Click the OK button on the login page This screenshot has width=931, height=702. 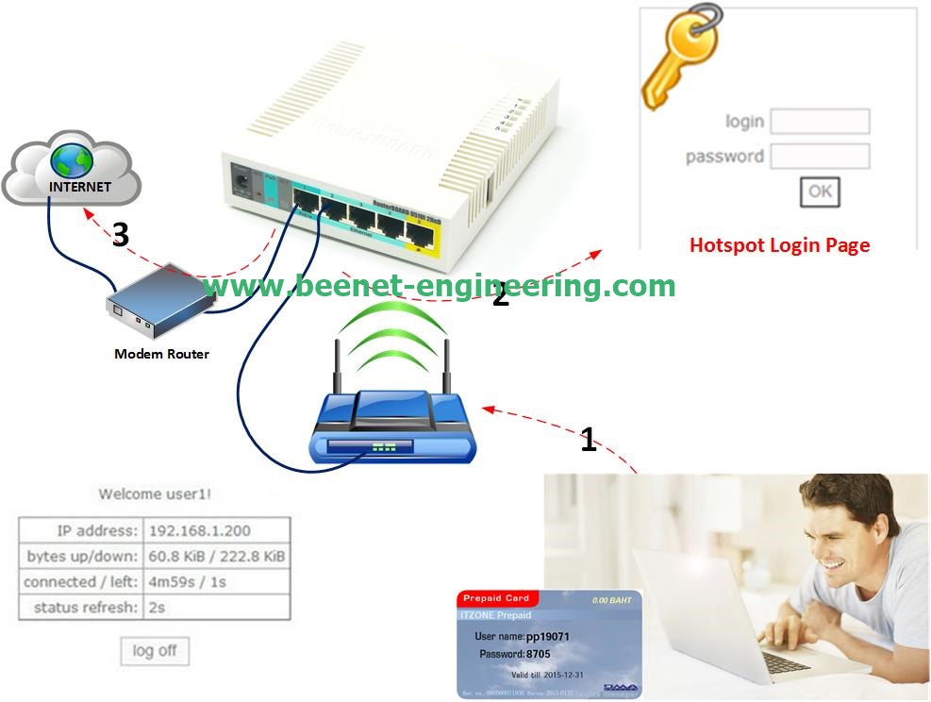pyautogui.click(x=820, y=192)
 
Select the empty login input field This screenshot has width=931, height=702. pyautogui.click(x=820, y=122)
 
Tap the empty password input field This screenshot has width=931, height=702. pyautogui.click(x=820, y=157)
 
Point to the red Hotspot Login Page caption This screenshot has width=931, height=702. pyautogui.click(x=779, y=245)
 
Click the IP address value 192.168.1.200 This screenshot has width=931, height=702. pyautogui.click(x=200, y=530)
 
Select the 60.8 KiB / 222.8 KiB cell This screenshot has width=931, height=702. pyautogui.click(x=216, y=557)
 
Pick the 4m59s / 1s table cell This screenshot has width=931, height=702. pyautogui.click(x=188, y=582)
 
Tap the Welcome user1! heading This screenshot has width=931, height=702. pyautogui.click(x=155, y=493)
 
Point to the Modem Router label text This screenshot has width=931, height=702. pyautogui.click(x=161, y=354)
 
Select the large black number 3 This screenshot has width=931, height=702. pyautogui.click(x=120, y=235)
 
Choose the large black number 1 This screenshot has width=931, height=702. pyautogui.click(x=589, y=439)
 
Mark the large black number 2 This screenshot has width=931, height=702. pyautogui.click(x=500, y=296)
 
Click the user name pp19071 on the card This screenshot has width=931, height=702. pyautogui.click(x=547, y=637)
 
